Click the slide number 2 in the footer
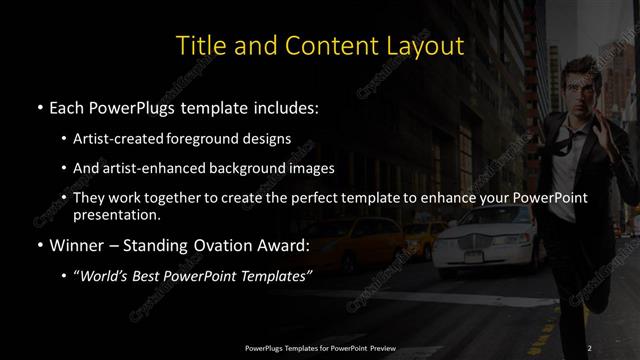point(589,347)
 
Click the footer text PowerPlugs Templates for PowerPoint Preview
point(320,347)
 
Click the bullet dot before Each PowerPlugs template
point(39,106)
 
